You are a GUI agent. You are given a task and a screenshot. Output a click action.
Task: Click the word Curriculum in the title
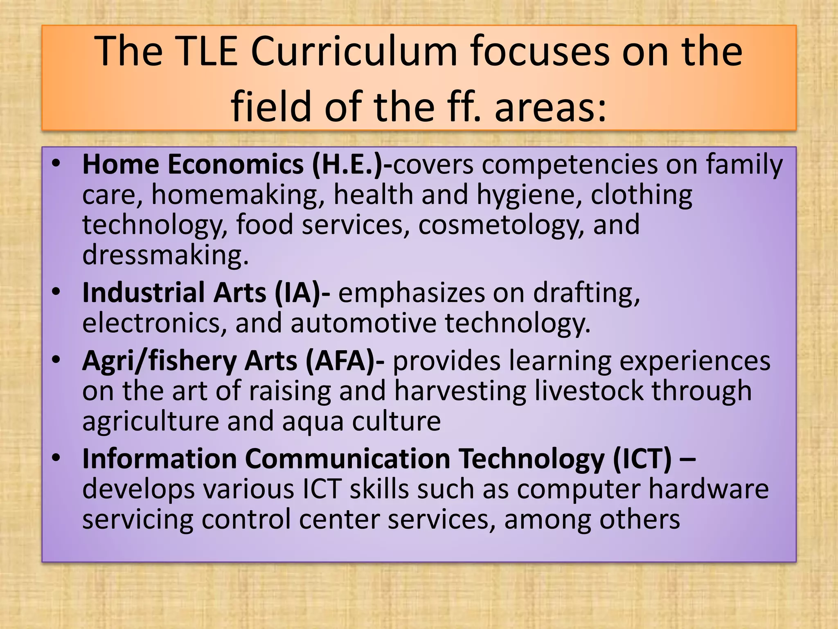[x=354, y=52]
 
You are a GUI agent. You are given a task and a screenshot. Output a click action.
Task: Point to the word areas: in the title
[x=550, y=107]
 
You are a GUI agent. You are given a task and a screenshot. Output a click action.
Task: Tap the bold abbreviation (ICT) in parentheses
[x=642, y=459]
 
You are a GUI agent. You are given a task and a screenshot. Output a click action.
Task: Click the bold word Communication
[x=347, y=459]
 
